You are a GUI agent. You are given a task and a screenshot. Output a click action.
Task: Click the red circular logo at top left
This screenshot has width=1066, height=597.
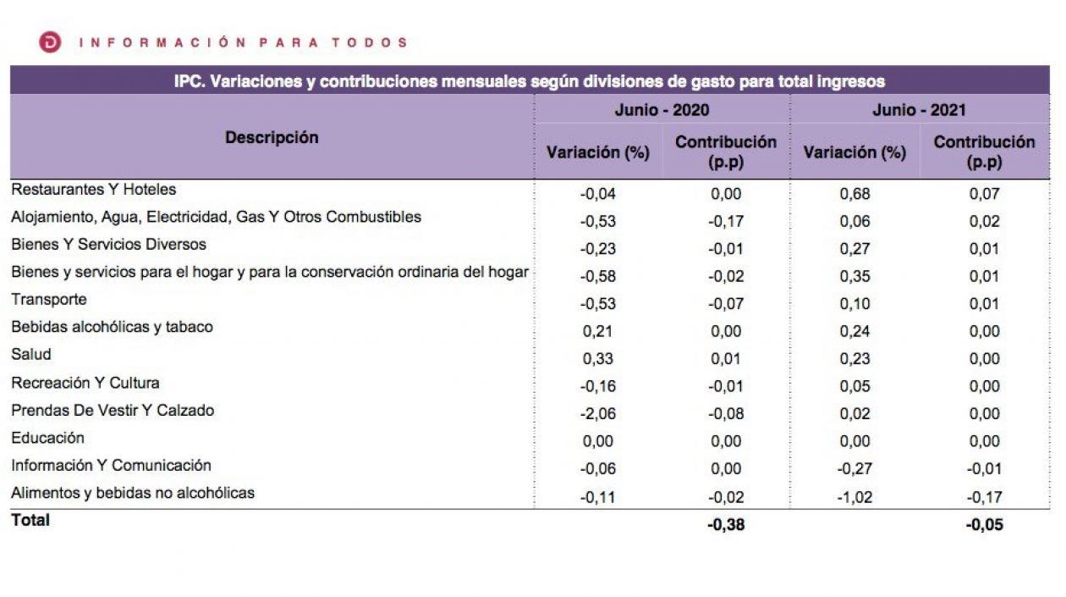tap(50, 42)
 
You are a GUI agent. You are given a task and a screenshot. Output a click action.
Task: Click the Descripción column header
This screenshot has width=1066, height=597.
tap(272, 137)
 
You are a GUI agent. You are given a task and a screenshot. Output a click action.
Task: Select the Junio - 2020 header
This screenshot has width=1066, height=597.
tap(662, 110)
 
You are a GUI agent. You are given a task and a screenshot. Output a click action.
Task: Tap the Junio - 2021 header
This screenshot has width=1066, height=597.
tap(919, 110)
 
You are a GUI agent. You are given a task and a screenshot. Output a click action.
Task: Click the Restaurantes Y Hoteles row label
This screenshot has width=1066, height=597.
tap(93, 190)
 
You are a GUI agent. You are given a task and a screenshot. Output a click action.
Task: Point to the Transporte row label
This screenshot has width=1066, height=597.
tap(48, 300)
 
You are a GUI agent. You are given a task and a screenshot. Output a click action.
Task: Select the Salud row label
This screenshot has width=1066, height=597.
tap(30, 355)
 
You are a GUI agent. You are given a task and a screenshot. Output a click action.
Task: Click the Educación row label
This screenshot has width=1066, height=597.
tap(47, 438)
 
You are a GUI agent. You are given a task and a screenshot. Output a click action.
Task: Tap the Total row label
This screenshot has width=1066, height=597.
tap(30, 520)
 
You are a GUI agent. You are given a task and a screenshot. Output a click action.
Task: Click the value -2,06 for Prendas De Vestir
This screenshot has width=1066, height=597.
tap(597, 414)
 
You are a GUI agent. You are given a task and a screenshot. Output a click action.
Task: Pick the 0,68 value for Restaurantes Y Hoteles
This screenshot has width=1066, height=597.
tap(854, 194)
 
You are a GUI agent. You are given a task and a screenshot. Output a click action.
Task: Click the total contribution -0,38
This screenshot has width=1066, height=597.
tap(726, 525)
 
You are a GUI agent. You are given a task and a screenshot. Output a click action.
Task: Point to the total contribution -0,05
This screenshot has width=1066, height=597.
tap(984, 525)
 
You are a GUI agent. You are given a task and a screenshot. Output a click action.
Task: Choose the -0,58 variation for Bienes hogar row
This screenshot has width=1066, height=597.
tap(597, 276)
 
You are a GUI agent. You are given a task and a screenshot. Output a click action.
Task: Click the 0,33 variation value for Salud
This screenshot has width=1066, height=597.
tap(598, 359)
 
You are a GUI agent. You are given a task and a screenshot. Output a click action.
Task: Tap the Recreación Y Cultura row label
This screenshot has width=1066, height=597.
tap(85, 383)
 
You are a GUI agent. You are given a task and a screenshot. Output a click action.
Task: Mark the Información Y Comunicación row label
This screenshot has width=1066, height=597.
tap(111, 466)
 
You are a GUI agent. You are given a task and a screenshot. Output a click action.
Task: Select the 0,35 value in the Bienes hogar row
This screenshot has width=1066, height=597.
tap(854, 276)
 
